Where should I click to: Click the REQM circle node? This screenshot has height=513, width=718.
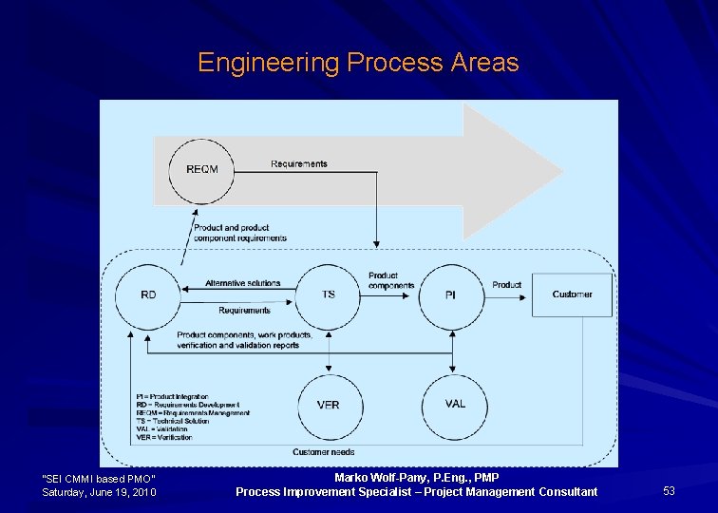click(x=201, y=169)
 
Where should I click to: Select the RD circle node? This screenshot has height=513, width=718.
click(x=148, y=295)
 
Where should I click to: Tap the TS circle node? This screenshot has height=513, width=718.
click(x=329, y=294)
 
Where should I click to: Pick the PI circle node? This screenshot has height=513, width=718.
click(x=450, y=295)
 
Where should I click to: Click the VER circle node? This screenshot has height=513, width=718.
click(x=329, y=405)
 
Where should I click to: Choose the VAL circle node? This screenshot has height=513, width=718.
click(x=455, y=404)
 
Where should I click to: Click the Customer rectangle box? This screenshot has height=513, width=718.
click(x=572, y=294)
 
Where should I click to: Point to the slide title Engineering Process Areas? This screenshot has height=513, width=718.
click(x=358, y=63)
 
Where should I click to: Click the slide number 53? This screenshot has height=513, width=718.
click(x=669, y=491)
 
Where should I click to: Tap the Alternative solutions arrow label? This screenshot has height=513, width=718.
click(x=243, y=283)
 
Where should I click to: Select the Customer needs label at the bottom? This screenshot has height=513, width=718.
click(x=324, y=452)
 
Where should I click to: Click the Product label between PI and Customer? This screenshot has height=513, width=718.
click(x=506, y=285)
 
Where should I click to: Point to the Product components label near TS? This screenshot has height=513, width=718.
click(x=391, y=280)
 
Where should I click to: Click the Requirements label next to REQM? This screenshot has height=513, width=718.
click(x=298, y=163)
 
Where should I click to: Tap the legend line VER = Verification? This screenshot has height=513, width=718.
click(x=163, y=438)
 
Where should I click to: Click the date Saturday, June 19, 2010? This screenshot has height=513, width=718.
click(x=100, y=492)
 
